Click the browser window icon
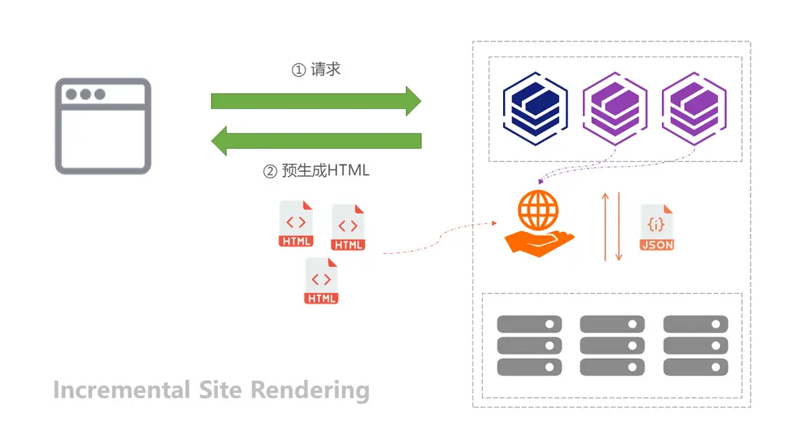pyautogui.click(x=103, y=125)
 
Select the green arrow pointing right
pyautogui.click(x=316, y=101)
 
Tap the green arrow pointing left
pyautogui.click(x=316, y=141)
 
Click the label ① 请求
pyautogui.click(x=316, y=70)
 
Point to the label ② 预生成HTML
pyautogui.click(x=316, y=171)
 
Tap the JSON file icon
pyautogui.click(x=657, y=228)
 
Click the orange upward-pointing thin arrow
pyautogui.click(x=605, y=226)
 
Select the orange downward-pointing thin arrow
pyautogui.click(x=619, y=226)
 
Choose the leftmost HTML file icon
pyautogui.click(x=296, y=224)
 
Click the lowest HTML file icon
pyautogui.click(x=322, y=281)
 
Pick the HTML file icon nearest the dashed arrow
pyautogui.click(x=348, y=228)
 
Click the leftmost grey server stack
pyautogui.click(x=530, y=345)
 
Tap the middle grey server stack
pyautogui.click(x=613, y=345)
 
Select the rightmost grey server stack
pyautogui.click(x=695, y=345)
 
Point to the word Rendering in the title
pyautogui.click(x=310, y=390)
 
